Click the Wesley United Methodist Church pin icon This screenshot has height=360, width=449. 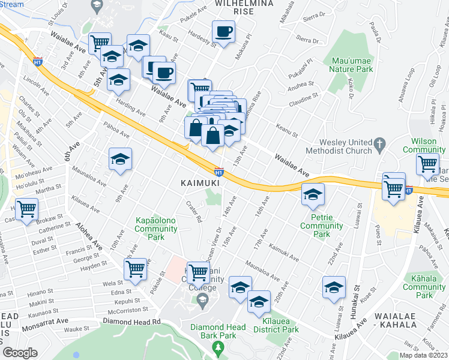pyautogui.click(x=379, y=144)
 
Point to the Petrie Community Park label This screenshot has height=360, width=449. pyautogui.click(x=321, y=230)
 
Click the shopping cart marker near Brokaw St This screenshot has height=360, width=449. pyautogui.click(x=27, y=210)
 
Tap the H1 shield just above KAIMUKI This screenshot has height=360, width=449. pyautogui.click(x=219, y=172)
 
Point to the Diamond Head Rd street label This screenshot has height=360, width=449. pyautogui.click(x=140, y=322)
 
